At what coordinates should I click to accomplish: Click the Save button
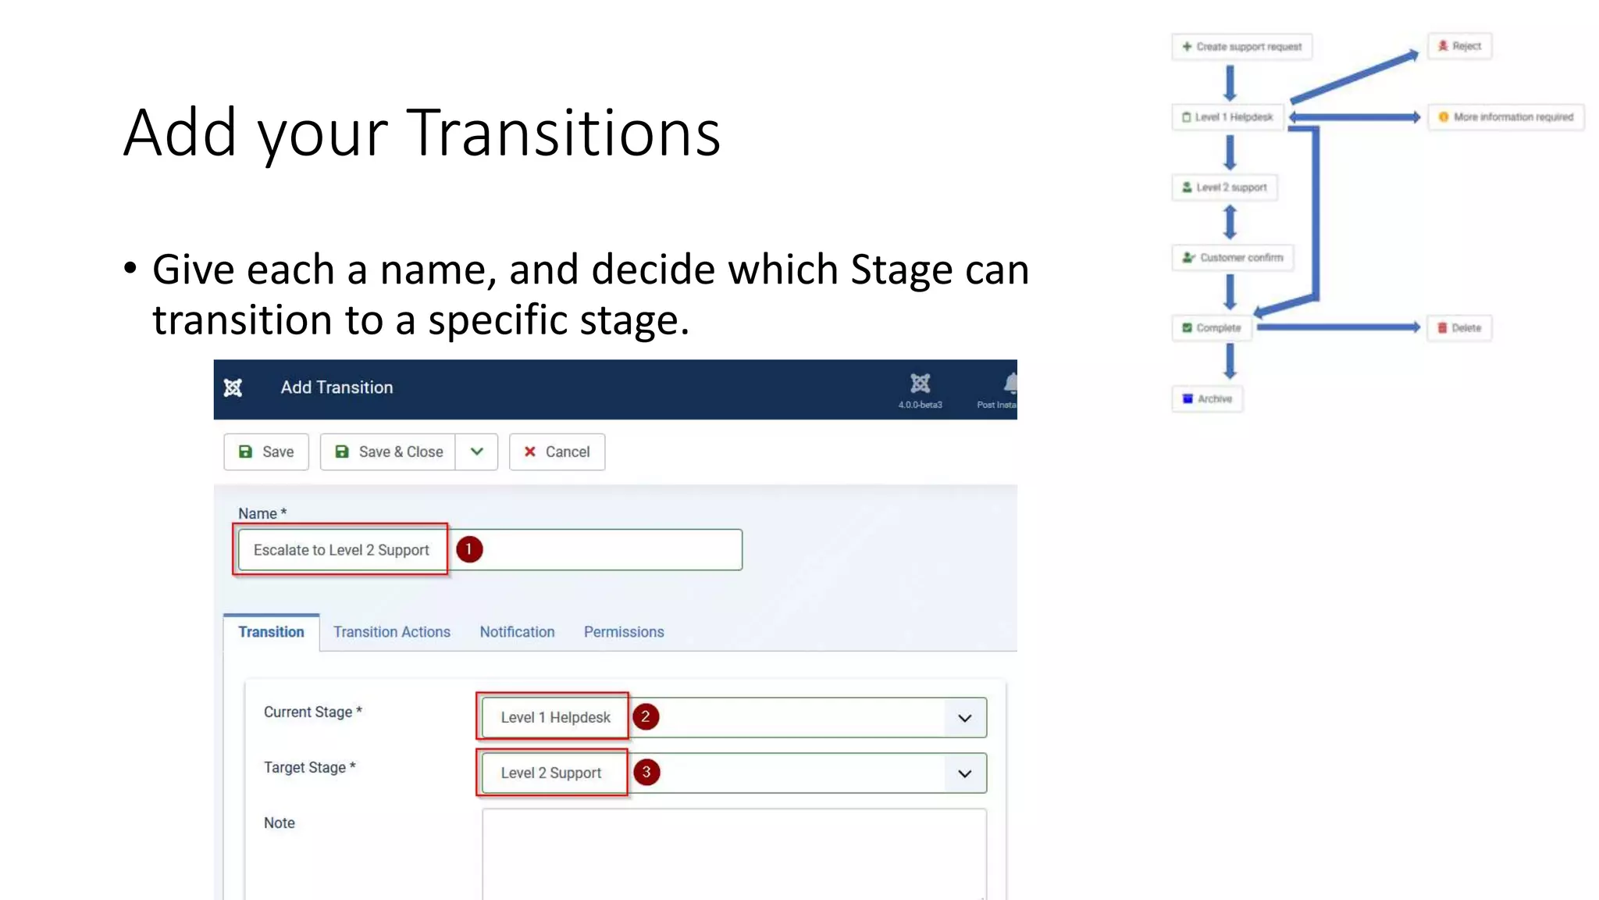pos(266,452)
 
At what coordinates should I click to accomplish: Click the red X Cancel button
pos(557,452)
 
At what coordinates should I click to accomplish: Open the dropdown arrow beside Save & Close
pos(476,452)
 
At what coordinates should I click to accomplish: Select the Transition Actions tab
pos(391,632)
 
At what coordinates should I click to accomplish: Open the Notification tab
pos(517,632)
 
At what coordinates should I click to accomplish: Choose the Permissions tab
pos(624,632)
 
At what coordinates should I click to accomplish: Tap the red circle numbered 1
pos(469,549)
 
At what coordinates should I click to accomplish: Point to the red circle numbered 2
pos(646,716)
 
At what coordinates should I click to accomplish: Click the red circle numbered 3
pos(646,772)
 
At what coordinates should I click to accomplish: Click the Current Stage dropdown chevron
pos(965,718)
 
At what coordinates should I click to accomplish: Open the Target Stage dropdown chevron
pos(965,773)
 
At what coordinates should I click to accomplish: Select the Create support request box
pos(1241,47)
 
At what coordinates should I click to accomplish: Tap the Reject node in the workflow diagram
pos(1459,46)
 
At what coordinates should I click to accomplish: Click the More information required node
pos(1506,117)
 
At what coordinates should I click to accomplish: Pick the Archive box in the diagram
pos(1207,398)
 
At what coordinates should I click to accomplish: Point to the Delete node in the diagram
pos(1459,328)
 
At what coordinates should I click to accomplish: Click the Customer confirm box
pos(1233,258)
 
